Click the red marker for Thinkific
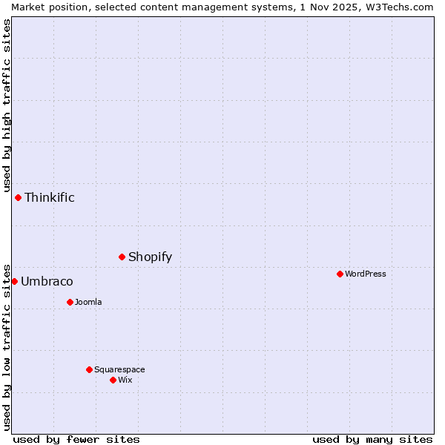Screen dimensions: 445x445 pyautogui.click(x=18, y=197)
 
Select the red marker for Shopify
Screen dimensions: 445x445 pyautogui.click(x=122, y=257)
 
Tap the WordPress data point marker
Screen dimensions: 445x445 pyautogui.click(x=340, y=274)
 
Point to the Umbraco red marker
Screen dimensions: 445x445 pyautogui.click(x=14, y=281)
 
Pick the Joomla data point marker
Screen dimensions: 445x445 pyautogui.click(x=70, y=302)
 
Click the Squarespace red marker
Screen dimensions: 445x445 pyautogui.click(x=89, y=369)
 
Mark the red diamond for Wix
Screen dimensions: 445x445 pyautogui.click(x=113, y=380)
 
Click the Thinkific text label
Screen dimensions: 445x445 pyautogui.click(x=50, y=197)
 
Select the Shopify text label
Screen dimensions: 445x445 pyautogui.click(x=150, y=257)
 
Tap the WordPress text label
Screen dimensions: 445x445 pyautogui.click(x=366, y=274)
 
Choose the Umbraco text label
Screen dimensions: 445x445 pyautogui.click(x=47, y=281)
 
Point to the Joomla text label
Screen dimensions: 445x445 pyautogui.click(x=88, y=302)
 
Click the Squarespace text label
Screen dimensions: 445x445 pyautogui.click(x=119, y=369)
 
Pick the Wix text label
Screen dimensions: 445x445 pyautogui.click(x=125, y=380)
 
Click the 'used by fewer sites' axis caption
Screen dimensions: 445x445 pyautogui.click(x=76, y=439)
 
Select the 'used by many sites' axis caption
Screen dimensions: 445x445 pyautogui.click(x=372, y=439)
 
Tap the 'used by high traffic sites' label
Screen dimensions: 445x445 pyautogui.click(x=7, y=105)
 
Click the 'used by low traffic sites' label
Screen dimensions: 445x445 pyautogui.click(x=7, y=347)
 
